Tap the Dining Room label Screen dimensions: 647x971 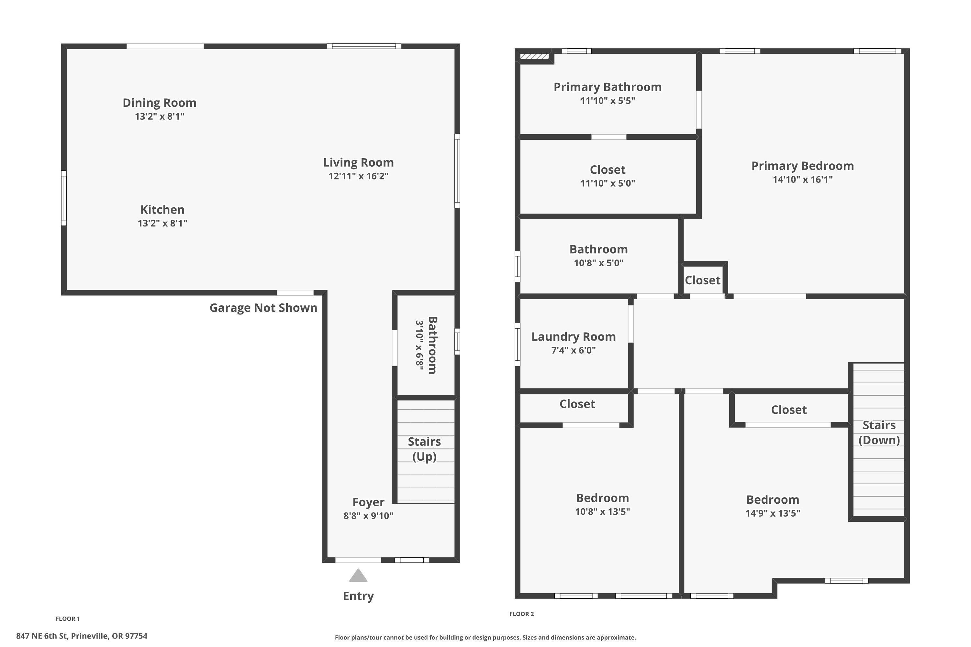[x=159, y=103]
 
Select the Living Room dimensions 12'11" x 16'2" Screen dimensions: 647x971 [x=358, y=176]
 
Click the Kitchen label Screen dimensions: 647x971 [x=162, y=210]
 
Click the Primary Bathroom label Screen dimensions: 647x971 [x=607, y=87]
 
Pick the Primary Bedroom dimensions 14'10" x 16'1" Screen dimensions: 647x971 [x=802, y=180]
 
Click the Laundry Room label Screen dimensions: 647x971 [x=573, y=337]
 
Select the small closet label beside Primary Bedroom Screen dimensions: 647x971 [x=702, y=280]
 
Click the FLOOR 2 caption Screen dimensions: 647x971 [x=521, y=614]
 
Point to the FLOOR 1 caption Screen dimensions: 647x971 [x=68, y=619]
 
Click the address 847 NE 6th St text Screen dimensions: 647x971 [x=82, y=636]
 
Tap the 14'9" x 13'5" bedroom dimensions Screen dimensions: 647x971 [x=772, y=513]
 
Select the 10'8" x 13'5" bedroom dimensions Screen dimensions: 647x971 [x=602, y=512]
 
